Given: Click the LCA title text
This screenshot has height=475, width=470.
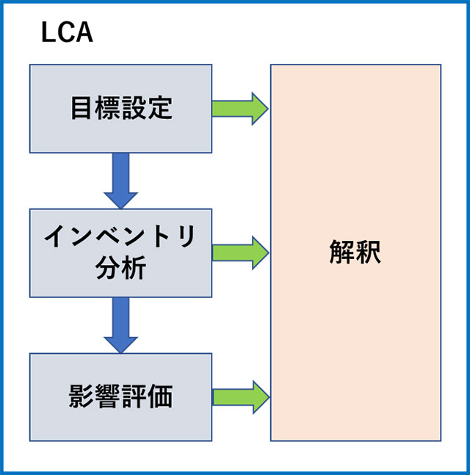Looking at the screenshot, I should point(67,34).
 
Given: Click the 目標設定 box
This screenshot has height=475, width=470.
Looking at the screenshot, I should point(120,108).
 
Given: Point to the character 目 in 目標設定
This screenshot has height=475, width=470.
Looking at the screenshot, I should point(82,108).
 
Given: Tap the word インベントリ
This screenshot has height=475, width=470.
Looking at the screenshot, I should point(120,236).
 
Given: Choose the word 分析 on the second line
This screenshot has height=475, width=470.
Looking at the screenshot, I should point(120,268).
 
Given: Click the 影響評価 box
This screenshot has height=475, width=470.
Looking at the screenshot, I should point(120,396).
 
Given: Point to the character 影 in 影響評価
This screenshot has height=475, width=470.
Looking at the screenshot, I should point(82,396).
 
